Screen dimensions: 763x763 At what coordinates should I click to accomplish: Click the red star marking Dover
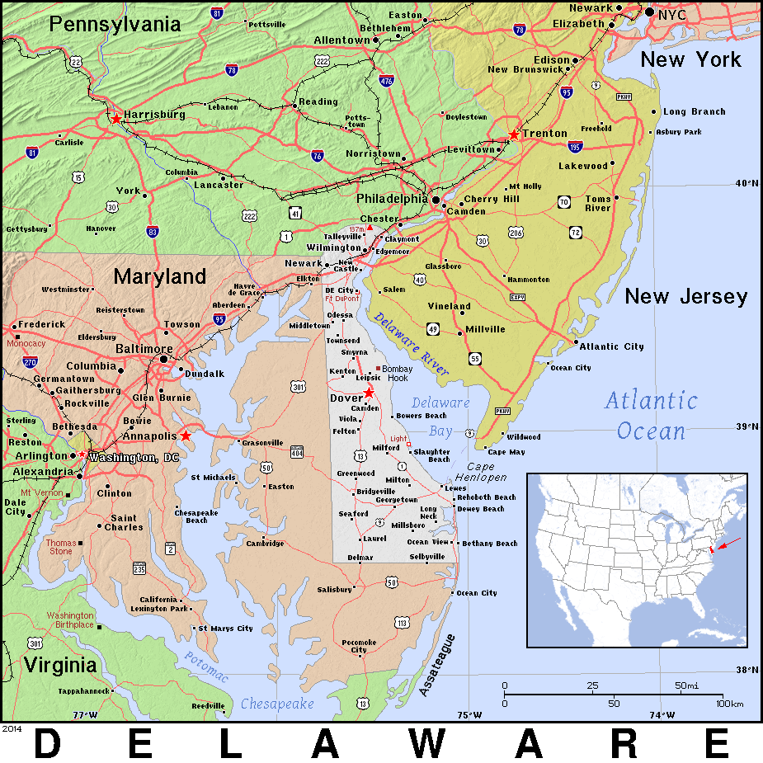369,393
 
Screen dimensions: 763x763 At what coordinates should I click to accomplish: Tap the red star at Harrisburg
116,119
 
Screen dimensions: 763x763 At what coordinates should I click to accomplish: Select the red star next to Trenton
514,134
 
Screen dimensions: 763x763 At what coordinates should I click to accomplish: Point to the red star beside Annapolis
186,435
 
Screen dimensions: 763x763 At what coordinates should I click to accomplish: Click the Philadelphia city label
391,199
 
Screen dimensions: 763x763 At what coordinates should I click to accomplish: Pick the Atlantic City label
611,346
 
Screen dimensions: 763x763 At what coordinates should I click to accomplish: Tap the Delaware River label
411,344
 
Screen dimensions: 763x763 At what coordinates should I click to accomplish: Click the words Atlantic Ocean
651,416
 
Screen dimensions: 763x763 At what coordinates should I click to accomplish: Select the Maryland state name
160,276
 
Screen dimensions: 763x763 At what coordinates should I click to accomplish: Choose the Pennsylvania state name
115,24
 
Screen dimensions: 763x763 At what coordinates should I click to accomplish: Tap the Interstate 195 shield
576,147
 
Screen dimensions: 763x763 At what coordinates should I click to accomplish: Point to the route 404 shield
297,451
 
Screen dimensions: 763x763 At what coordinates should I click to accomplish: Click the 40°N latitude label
747,183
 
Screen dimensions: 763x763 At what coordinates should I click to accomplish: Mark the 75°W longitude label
469,714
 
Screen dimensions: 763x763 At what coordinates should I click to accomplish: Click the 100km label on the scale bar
730,703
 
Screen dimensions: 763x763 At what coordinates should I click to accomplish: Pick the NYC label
672,13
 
